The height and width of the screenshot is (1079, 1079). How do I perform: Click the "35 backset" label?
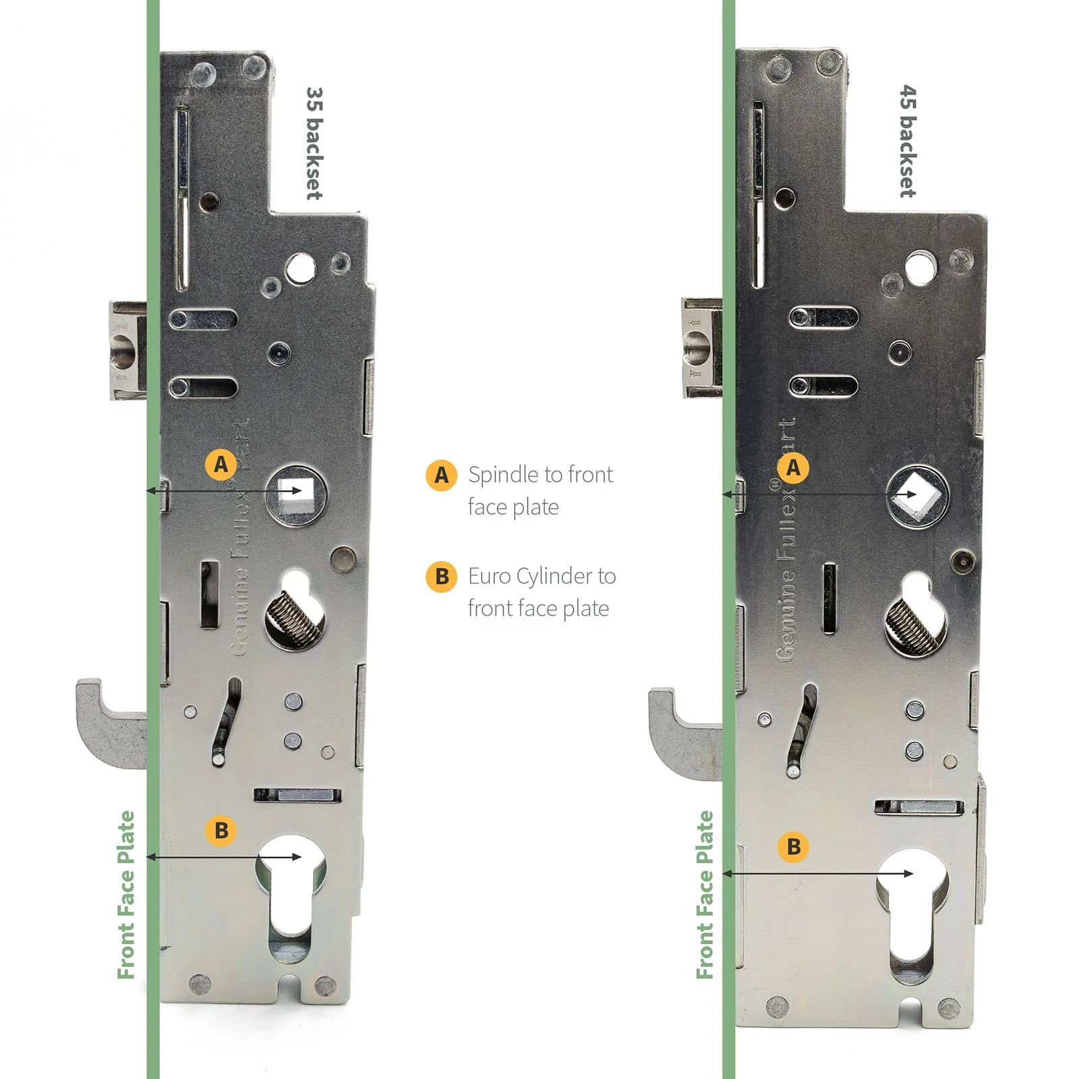pyautogui.click(x=314, y=143)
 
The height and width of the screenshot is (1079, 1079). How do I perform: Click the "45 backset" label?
pyautogui.click(x=908, y=142)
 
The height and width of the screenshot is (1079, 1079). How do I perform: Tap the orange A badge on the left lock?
pyautogui.click(x=221, y=465)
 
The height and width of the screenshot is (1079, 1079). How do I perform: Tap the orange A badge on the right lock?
pyautogui.click(x=793, y=467)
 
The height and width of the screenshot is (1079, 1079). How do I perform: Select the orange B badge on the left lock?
pyautogui.click(x=221, y=830)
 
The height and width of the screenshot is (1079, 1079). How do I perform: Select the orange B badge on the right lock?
pyautogui.click(x=794, y=846)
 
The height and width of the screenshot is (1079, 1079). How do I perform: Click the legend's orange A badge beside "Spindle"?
pyautogui.click(x=442, y=475)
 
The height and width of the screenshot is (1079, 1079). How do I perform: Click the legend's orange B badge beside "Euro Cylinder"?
pyautogui.click(x=442, y=577)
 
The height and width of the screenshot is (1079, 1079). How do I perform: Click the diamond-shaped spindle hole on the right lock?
pyautogui.click(x=916, y=496)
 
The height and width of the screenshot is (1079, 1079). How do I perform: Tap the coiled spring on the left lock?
pyautogui.click(x=293, y=616)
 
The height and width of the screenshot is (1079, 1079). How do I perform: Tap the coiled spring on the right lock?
pyautogui.click(x=912, y=626)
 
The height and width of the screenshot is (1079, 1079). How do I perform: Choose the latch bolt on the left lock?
pyautogui.click(x=128, y=351)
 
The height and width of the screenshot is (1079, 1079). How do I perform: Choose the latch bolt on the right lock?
pyautogui.click(x=702, y=348)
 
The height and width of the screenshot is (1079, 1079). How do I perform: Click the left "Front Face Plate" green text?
pyautogui.click(x=126, y=894)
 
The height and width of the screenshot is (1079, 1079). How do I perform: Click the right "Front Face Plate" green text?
pyautogui.click(x=705, y=894)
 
